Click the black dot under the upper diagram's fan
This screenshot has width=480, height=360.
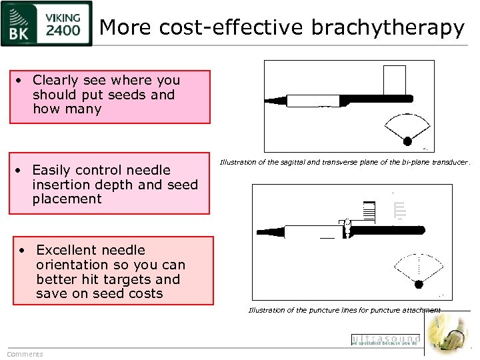pyautogui.click(x=407, y=140)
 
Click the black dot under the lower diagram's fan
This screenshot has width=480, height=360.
pyautogui.click(x=419, y=285)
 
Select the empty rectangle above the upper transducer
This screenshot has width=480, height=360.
pyautogui.click(x=395, y=81)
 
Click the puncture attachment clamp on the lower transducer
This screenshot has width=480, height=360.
pyautogui.click(x=347, y=228)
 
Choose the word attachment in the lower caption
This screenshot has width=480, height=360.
pyautogui.click(x=418, y=310)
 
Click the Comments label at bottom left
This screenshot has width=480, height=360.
pyautogui.click(x=25, y=354)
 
